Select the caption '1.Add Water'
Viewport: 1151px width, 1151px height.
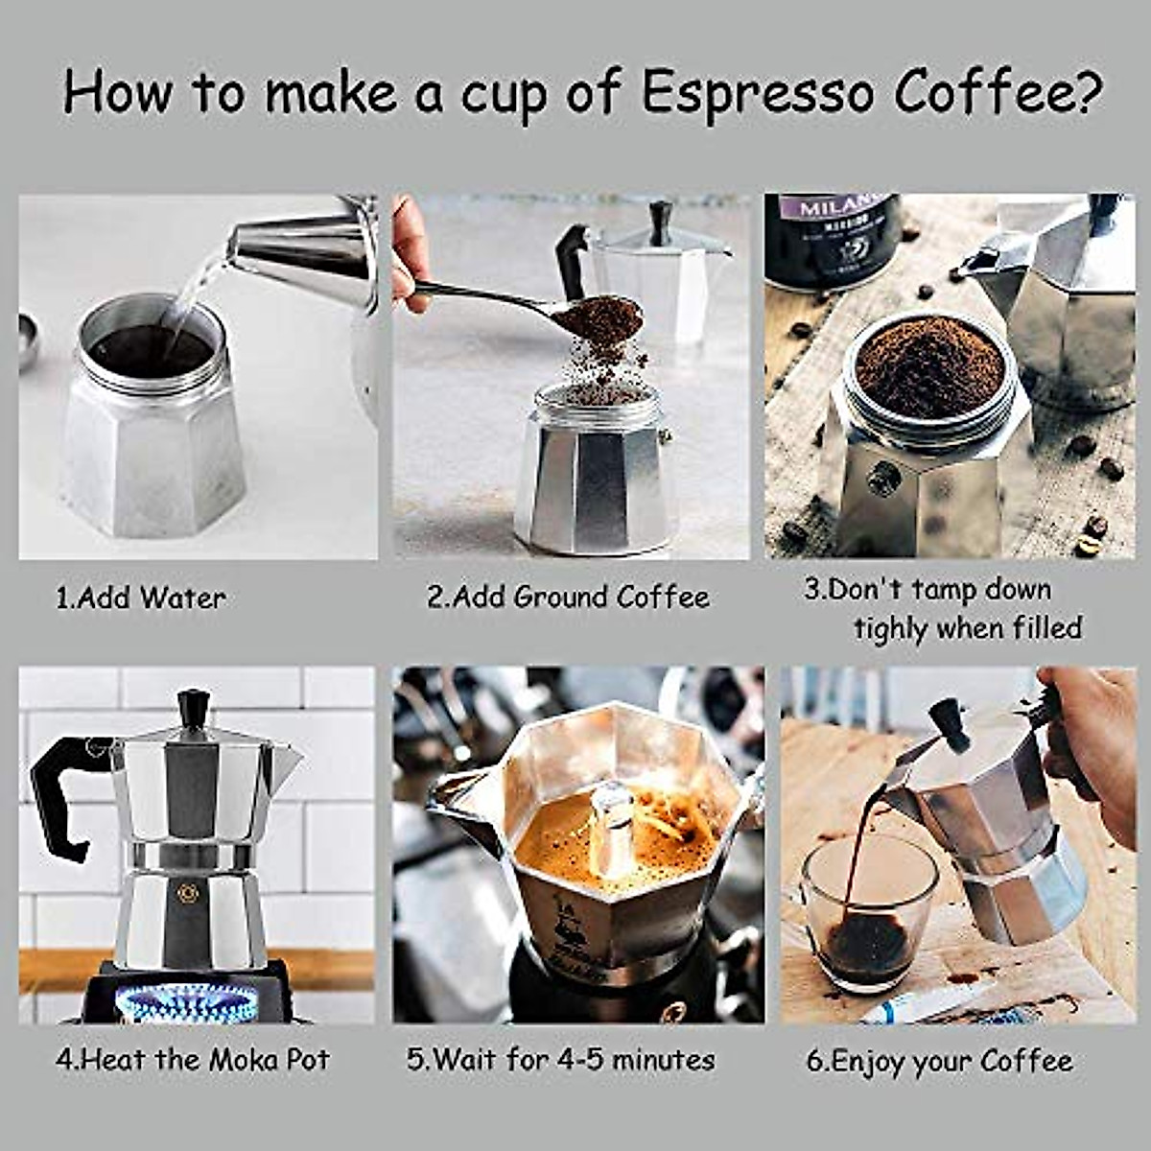[141, 599]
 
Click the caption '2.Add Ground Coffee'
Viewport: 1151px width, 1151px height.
[568, 598]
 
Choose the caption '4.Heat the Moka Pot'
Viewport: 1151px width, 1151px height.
[193, 1060]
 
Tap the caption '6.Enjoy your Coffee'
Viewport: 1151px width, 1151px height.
[939, 1061]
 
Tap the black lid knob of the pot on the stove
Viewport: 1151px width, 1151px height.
[194, 707]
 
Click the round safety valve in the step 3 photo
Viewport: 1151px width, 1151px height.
[884, 478]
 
